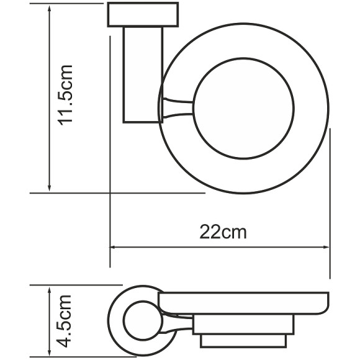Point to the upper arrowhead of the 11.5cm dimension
(x=49, y=9)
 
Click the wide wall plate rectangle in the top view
(x=143, y=16)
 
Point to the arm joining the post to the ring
(x=178, y=108)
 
